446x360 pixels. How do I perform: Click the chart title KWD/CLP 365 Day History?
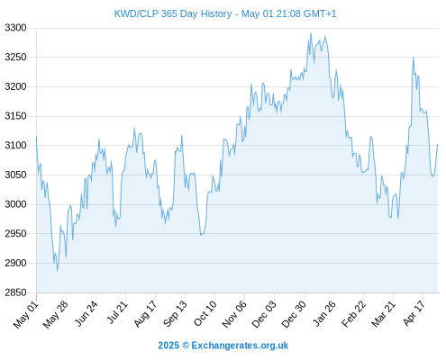coord(173,13)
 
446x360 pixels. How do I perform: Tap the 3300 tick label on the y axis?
coord(15,28)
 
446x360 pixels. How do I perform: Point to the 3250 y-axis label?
coord(15,57)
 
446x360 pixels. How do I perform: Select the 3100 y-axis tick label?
coord(15,145)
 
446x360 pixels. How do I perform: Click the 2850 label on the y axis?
coord(15,292)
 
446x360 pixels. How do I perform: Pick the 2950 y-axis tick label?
coord(15,233)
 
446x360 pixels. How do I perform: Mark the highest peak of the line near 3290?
coord(311,33)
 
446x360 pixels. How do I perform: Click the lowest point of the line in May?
coord(57,271)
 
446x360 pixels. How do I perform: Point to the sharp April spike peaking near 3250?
coord(414,58)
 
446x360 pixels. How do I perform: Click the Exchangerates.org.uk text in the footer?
coord(240,346)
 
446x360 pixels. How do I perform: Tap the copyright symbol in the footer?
coord(186,346)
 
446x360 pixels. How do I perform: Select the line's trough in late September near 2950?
coord(201,235)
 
